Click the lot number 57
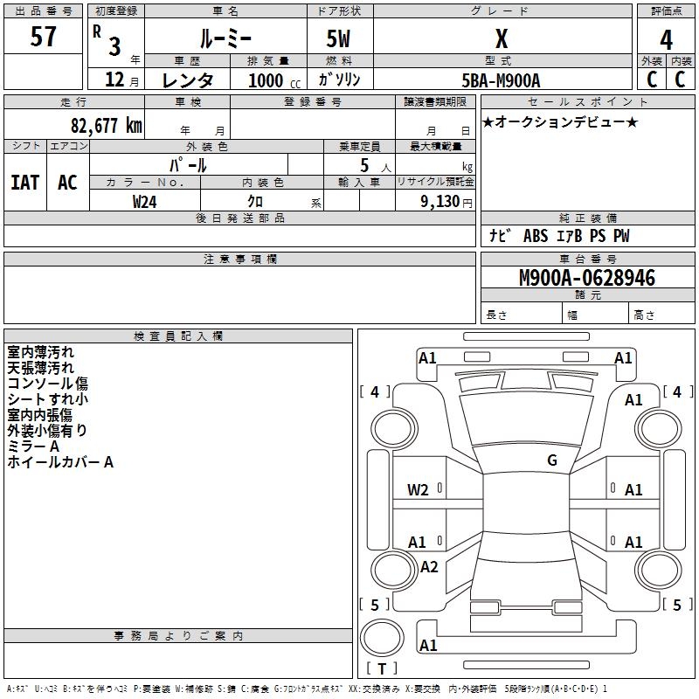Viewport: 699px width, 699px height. [44, 38]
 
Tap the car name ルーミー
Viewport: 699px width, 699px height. [225, 38]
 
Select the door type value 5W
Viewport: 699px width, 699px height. [339, 39]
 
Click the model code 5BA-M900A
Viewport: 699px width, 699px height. [501, 80]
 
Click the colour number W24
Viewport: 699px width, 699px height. [145, 201]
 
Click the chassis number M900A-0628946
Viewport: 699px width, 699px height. [587, 279]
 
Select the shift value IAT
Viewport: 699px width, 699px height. [24, 183]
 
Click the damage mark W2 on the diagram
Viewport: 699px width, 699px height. [419, 489]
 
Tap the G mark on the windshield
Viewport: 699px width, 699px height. [552, 460]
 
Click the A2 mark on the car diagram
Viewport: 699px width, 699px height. [429, 567]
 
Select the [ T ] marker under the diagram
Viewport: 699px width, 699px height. [382, 668]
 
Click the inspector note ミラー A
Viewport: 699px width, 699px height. [33, 446]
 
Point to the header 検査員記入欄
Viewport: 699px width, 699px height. [179, 336]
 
